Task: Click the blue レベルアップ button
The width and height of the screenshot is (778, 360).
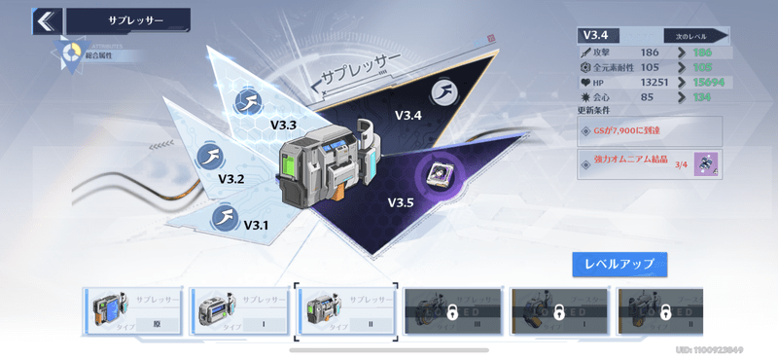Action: point(619,263)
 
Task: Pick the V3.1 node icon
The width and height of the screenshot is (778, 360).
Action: point(226,215)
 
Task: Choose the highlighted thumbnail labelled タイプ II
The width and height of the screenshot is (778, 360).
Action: point(345,312)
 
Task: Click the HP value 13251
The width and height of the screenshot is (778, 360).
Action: point(653,83)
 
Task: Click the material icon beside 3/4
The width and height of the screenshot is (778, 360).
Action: point(707,163)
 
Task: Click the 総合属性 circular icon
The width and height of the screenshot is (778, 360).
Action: point(71,53)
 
